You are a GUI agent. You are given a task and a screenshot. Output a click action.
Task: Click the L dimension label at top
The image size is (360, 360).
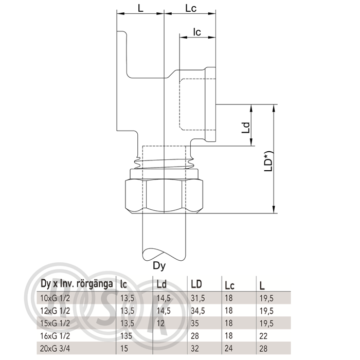tap(140, 8)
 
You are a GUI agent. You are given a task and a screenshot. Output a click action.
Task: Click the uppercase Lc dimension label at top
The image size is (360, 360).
tap(191, 8)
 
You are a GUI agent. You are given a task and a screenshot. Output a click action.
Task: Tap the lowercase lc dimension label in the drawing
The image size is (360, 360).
tap(197, 32)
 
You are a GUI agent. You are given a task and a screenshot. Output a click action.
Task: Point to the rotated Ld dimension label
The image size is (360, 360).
tap(246, 128)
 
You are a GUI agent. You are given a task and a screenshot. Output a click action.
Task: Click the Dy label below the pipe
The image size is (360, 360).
tap(159, 266)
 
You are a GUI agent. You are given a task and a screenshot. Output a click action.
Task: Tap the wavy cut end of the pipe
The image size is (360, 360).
tap(164, 255)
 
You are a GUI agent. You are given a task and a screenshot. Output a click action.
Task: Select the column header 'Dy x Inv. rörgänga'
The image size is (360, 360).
tap(77, 284)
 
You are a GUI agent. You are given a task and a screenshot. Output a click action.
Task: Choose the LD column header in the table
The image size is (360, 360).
tap(196, 284)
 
